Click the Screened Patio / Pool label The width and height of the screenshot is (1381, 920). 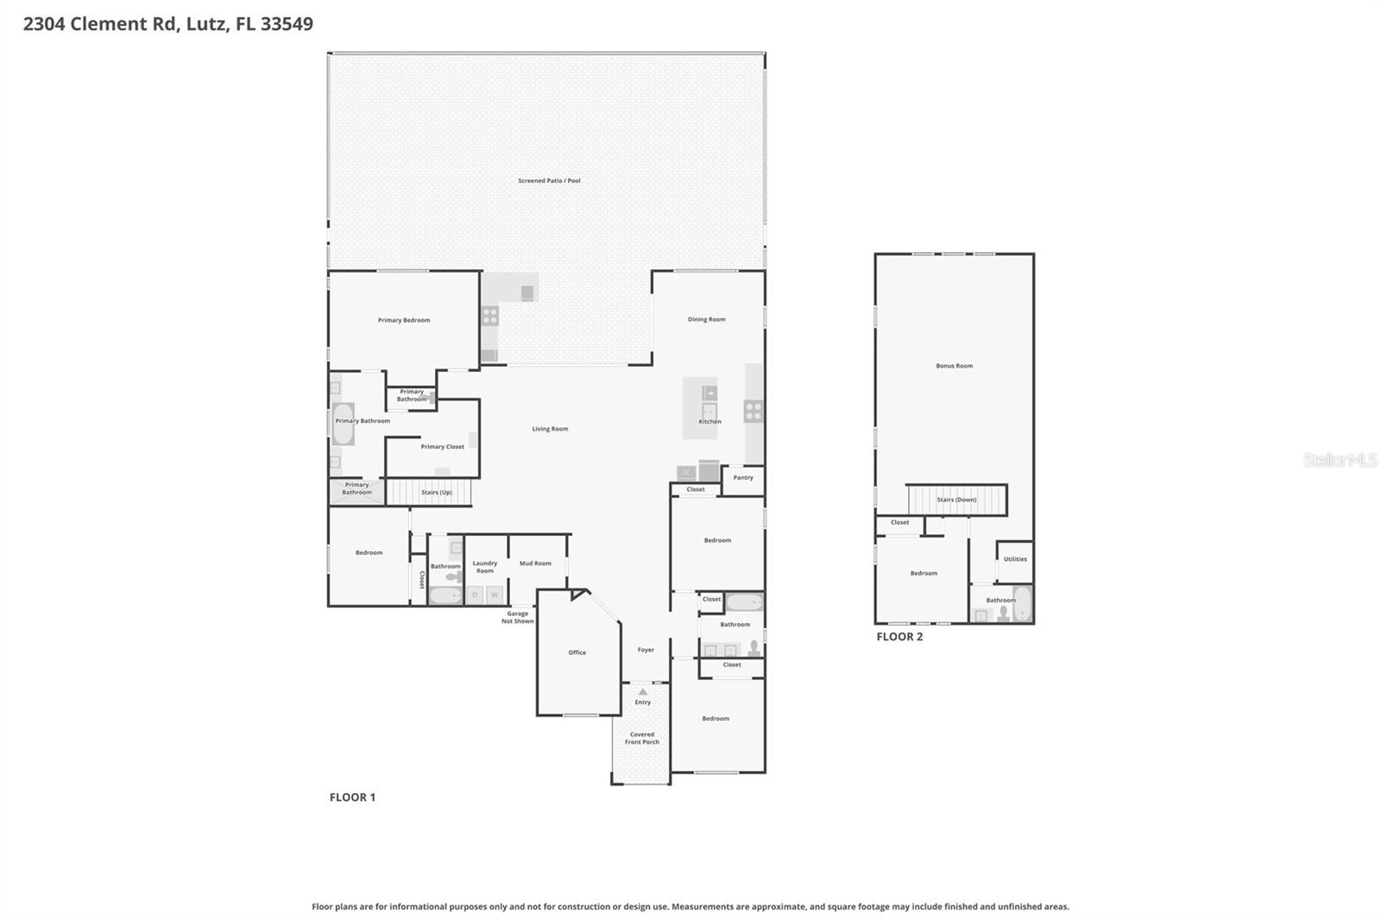coord(549,181)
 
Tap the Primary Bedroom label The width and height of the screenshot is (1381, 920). coord(404,320)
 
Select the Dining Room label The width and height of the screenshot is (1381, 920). coord(706,319)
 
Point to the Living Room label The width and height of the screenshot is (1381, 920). coord(550,429)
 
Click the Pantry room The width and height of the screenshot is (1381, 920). coord(742,478)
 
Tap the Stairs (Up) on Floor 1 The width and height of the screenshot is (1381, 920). coord(436,493)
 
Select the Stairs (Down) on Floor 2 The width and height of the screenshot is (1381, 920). coord(956,500)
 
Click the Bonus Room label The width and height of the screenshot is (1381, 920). coord(954,366)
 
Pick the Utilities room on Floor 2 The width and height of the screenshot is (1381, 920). coord(1015,559)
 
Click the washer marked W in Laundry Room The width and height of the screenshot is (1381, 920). coord(495,595)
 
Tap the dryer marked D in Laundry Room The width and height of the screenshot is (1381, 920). coord(475,595)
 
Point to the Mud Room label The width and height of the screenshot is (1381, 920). coord(535,564)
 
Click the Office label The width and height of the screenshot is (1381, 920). coord(577,652)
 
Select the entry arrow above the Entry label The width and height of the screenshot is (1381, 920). coord(642,692)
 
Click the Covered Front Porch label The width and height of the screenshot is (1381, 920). coord(641,739)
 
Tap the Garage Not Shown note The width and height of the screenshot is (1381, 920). coord(518,618)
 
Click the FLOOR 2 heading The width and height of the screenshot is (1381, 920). coord(899,637)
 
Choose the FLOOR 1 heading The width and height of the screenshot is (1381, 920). coord(352,797)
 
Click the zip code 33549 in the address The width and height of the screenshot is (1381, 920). coord(287,24)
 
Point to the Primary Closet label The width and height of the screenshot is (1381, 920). coord(443,447)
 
